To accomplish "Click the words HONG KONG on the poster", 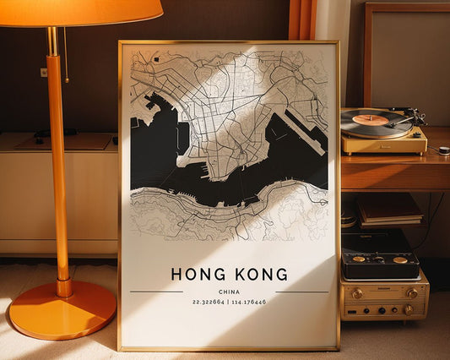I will (x=229, y=275).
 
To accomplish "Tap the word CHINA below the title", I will (x=229, y=292).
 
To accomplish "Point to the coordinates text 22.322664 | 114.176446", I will (x=229, y=302).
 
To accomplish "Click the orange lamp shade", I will (x=80, y=11).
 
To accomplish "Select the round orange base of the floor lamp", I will (x=62, y=310).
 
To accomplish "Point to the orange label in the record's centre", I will (x=371, y=120).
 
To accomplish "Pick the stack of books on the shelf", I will (x=389, y=210).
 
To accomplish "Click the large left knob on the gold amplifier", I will (x=357, y=294).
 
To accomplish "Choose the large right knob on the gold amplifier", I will (x=412, y=293).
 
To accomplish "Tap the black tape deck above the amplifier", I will (x=379, y=257).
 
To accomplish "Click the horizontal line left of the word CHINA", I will (x=156, y=292).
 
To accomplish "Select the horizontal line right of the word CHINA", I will (x=301, y=292).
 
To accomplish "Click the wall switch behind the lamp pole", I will (x=43, y=73).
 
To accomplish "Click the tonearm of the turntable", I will (x=406, y=119).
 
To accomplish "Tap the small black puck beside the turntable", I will (x=443, y=150).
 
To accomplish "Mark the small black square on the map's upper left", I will (x=156, y=59).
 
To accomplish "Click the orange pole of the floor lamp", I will (x=58, y=169).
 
